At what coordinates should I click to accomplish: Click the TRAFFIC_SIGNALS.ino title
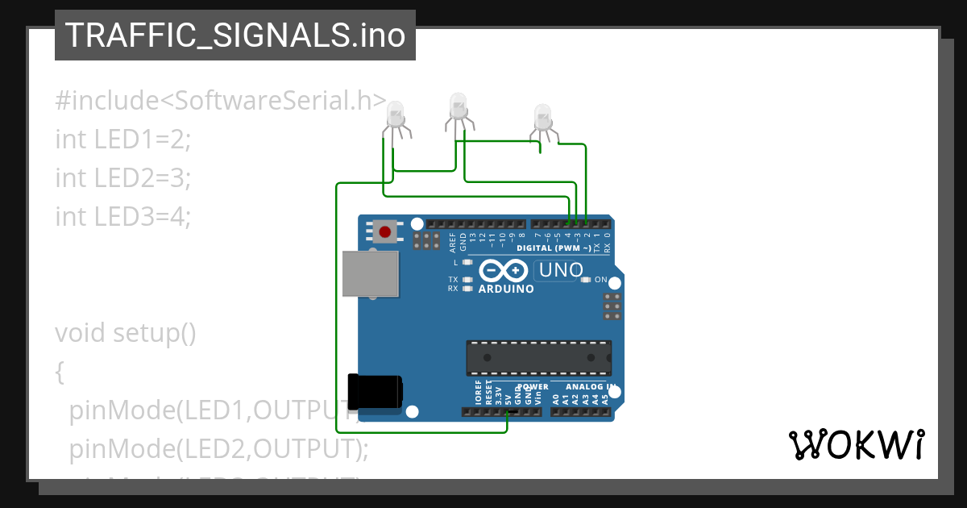tap(234, 35)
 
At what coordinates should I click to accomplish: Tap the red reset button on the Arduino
tap(385, 233)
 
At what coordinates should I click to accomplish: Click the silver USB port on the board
tap(371, 273)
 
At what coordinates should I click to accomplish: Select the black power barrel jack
tap(375, 391)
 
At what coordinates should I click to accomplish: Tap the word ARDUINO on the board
tap(506, 289)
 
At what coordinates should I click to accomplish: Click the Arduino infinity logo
tap(504, 271)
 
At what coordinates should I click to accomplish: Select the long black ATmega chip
tap(538, 358)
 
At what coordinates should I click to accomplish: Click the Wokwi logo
tap(856, 444)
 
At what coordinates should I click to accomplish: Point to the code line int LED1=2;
tap(123, 139)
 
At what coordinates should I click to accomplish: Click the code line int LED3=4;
tap(123, 216)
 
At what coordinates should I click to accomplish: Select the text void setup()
tap(125, 332)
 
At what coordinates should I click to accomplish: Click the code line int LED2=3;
tap(123, 177)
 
